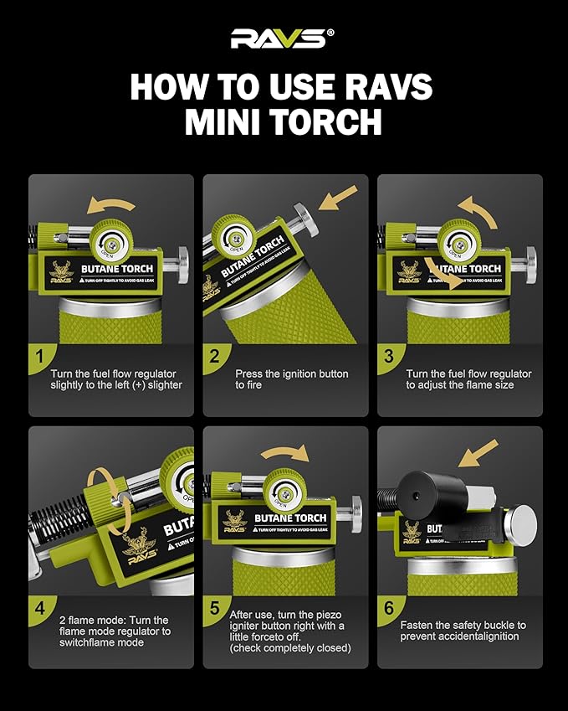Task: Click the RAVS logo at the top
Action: [283, 39]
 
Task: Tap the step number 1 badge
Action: [39, 356]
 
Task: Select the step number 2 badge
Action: [214, 356]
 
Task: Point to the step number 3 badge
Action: [388, 356]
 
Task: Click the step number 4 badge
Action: [39, 608]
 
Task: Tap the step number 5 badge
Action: [214, 608]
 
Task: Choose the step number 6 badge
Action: [388, 608]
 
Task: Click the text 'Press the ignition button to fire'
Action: [292, 379]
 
